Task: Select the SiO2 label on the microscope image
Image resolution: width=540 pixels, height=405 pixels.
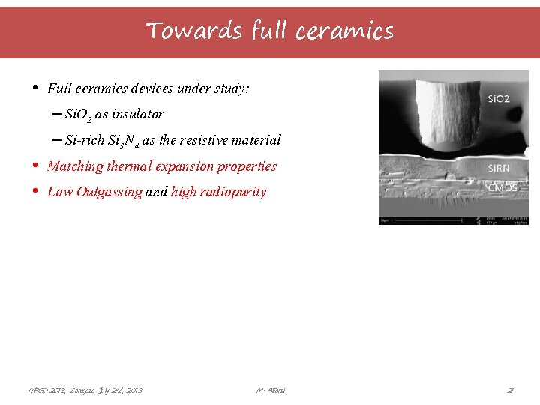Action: click(x=499, y=98)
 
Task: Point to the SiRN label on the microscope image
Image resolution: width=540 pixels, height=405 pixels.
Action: click(x=499, y=168)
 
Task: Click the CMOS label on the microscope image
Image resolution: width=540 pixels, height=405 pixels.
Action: click(x=502, y=187)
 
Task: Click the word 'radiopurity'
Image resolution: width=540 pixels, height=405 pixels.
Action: click(x=232, y=192)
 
